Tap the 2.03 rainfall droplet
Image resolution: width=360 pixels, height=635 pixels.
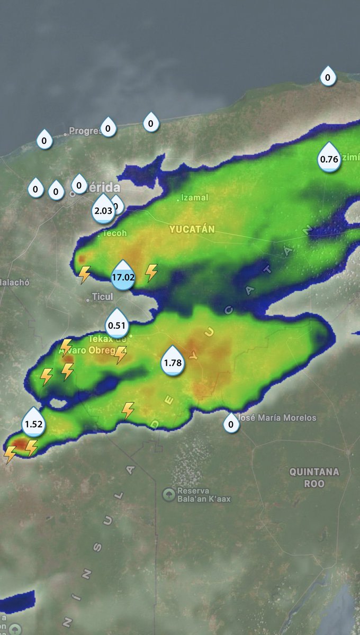pyautogui.click(x=103, y=209)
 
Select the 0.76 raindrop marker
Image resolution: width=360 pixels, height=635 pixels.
pyautogui.click(x=329, y=158)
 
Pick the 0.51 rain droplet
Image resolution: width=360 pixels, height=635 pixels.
pyautogui.click(x=116, y=324)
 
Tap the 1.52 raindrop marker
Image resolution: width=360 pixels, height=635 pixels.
pyautogui.click(x=33, y=422)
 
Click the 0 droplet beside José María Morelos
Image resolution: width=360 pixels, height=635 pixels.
pyautogui.click(x=230, y=423)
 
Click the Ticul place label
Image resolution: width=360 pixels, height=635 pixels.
pyautogui.click(x=102, y=297)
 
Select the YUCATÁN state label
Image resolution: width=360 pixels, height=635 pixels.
pyautogui.click(x=192, y=229)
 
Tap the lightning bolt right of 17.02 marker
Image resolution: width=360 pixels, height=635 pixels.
pyautogui.click(x=151, y=272)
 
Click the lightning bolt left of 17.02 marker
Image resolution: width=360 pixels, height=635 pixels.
pyautogui.click(x=84, y=275)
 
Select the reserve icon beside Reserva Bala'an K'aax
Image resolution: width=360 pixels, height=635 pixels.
pyautogui.click(x=168, y=494)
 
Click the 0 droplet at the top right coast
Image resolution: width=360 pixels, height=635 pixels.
pyautogui.click(x=328, y=77)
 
